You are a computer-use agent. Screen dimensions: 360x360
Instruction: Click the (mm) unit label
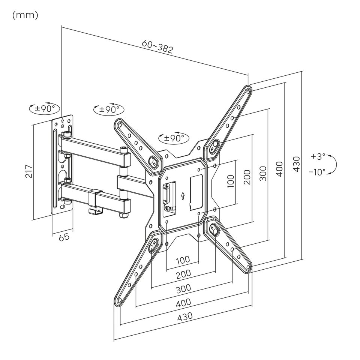pyautogui.click(x=25, y=15)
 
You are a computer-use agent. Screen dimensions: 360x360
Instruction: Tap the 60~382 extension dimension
pyautogui.click(x=157, y=46)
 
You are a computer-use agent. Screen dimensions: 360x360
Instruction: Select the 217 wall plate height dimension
pyautogui.click(x=29, y=171)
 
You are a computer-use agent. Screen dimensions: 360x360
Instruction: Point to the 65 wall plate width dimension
pyautogui.click(x=64, y=237)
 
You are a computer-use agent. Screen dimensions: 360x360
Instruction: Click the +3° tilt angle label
pyautogui.click(x=318, y=156)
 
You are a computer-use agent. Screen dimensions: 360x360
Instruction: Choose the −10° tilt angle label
pyautogui.click(x=317, y=172)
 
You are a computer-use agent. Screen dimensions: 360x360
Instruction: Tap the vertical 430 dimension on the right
pyautogui.click(x=296, y=164)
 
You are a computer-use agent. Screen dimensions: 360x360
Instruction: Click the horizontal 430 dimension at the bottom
pyautogui.click(x=185, y=316)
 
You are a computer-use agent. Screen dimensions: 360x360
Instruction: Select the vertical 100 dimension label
pyautogui.click(x=231, y=181)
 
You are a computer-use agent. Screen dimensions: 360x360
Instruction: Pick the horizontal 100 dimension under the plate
pyautogui.click(x=183, y=260)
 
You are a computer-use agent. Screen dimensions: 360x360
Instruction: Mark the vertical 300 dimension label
pyautogui.click(x=263, y=174)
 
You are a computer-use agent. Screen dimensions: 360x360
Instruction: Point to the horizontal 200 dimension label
pyautogui.click(x=183, y=274)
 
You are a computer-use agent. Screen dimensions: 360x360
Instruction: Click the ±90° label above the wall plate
pyautogui.click(x=45, y=108)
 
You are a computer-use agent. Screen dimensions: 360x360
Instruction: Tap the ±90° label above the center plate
pyautogui.click(x=174, y=138)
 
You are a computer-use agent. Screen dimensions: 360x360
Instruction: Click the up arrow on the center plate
pyautogui.click(x=183, y=196)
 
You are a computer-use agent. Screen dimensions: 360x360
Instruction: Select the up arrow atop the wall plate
pyautogui.click(x=63, y=120)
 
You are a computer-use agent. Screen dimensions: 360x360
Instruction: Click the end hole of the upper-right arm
pyautogui.click(x=248, y=92)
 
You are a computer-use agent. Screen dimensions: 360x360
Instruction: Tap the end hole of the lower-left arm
pyautogui.click(x=119, y=300)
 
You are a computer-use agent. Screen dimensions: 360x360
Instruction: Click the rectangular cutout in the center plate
pyautogui.click(x=196, y=192)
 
